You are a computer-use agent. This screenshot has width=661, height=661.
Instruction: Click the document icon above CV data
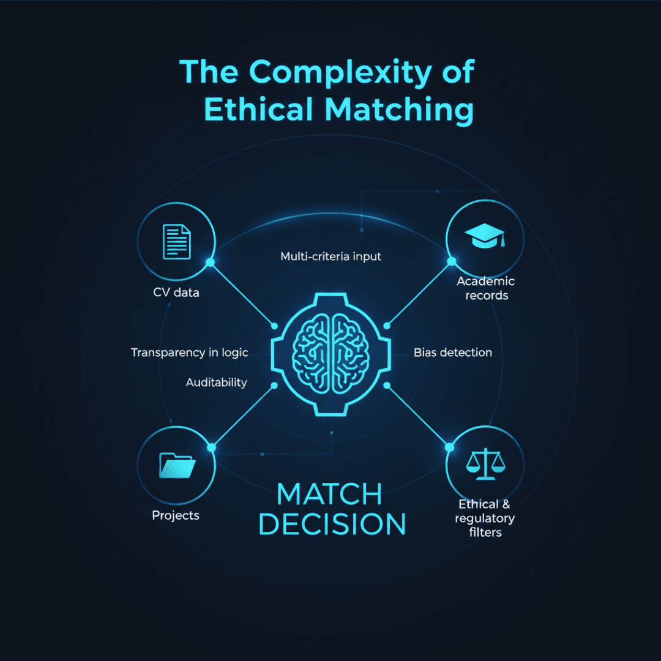tap(176, 241)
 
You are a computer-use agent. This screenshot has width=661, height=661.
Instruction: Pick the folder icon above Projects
tap(176, 465)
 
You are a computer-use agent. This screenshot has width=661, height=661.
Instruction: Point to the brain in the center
tap(330, 354)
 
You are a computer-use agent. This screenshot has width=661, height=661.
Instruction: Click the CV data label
tap(176, 293)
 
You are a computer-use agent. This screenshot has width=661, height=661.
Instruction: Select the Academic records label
tap(486, 288)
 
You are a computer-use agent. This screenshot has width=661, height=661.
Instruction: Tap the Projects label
tap(176, 515)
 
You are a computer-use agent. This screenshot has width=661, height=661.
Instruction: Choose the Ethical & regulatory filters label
tap(486, 518)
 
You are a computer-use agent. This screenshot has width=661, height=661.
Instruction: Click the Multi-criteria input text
tap(330, 256)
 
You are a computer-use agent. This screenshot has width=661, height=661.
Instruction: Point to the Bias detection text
tap(453, 353)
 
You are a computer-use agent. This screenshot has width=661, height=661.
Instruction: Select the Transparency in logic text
tap(189, 353)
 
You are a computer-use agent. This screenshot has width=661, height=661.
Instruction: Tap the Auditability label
tap(216, 383)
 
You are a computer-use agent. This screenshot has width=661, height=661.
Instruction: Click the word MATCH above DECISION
tap(329, 494)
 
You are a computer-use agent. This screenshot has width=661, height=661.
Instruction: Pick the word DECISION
tap(332, 525)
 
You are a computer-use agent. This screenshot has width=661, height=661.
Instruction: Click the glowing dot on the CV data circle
tap(210, 263)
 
